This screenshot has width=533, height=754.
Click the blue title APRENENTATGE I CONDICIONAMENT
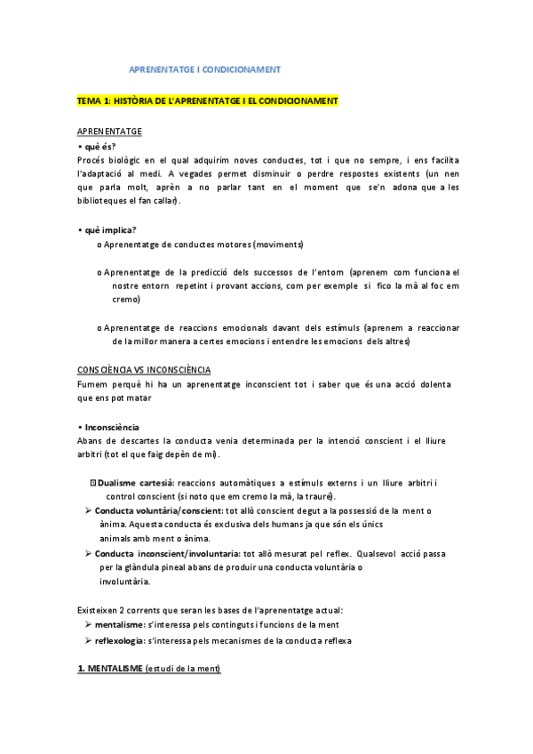click(205, 68)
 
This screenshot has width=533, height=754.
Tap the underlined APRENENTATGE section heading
click(109, 132)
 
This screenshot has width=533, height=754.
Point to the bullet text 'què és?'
click(99, 146)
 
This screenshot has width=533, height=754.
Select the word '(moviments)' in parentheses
click(278, 244)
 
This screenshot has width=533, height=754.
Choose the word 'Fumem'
click(92, 383)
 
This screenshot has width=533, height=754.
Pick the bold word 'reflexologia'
click(125, 640)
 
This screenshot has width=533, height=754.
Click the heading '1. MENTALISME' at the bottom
click(117, 669)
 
